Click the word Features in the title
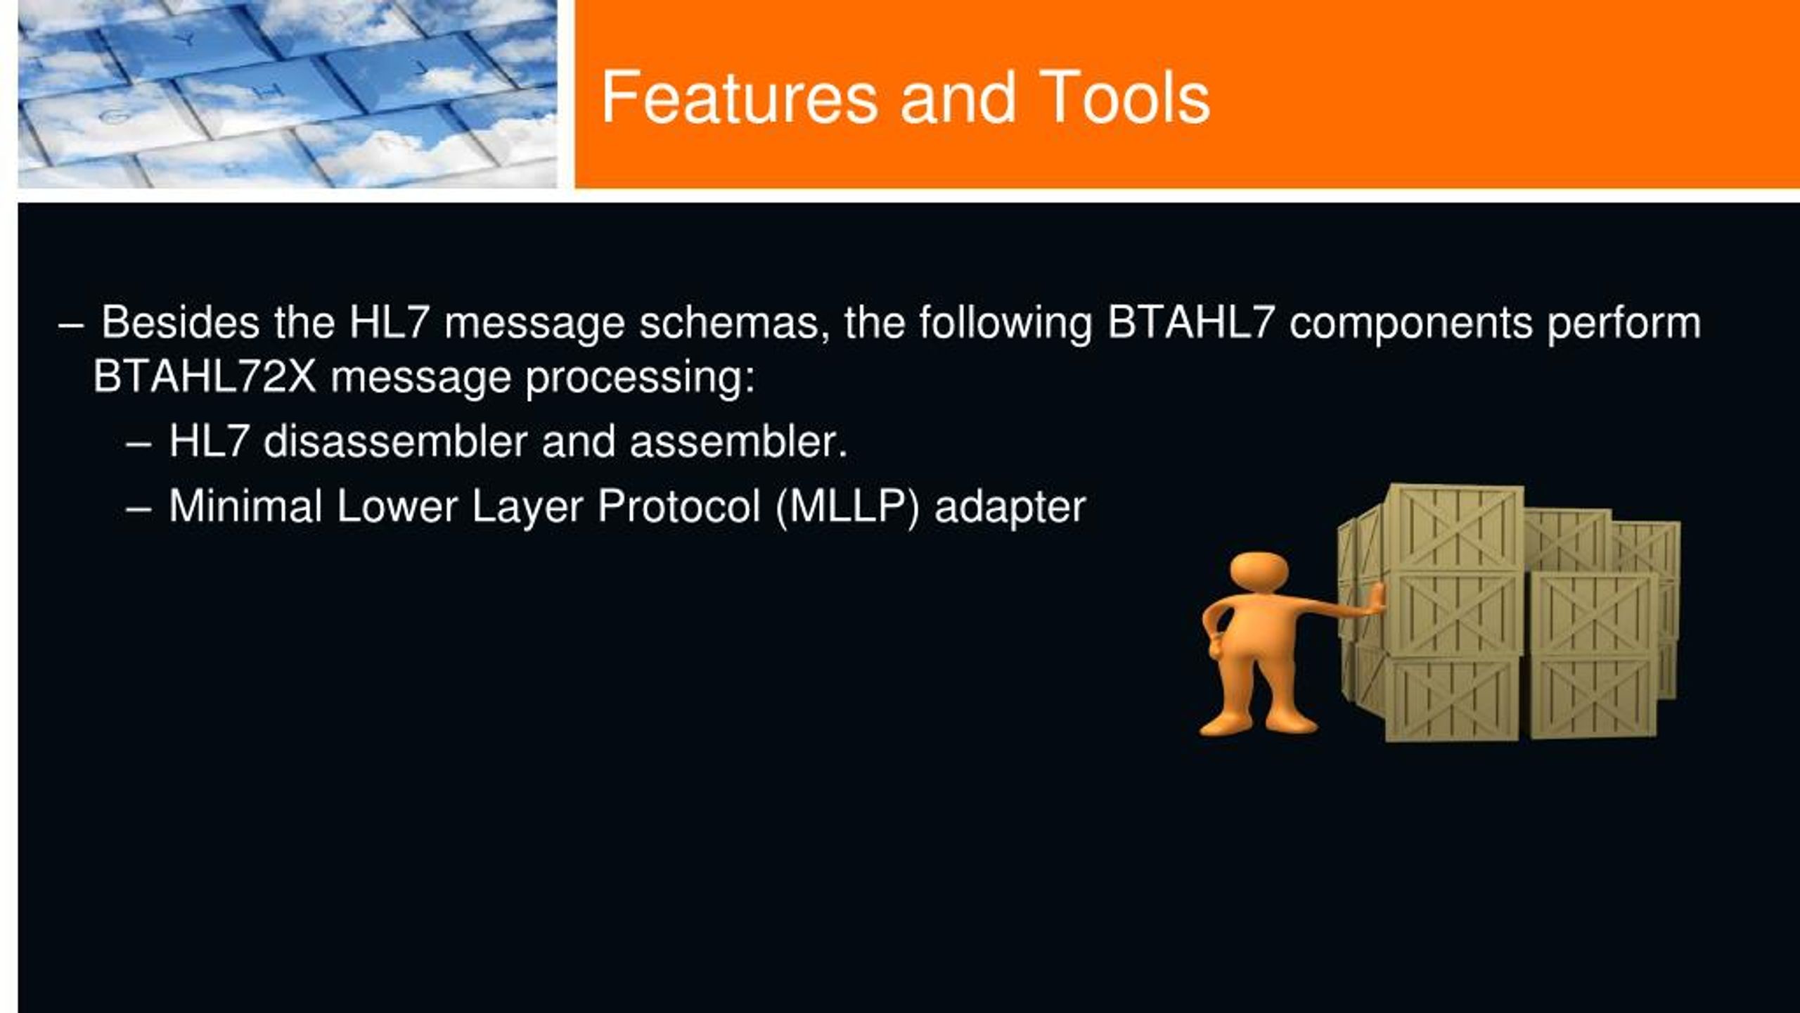[x=739, y=98]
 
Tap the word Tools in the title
[x=1124, y=98]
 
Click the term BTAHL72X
[x=205, y=377]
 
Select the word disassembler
[x=396, y=442]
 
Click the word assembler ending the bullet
[x=738, y=442]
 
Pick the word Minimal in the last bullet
[x=245, y=506]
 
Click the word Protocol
[x=679, y=506]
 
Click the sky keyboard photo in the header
[x=288, y=94]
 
